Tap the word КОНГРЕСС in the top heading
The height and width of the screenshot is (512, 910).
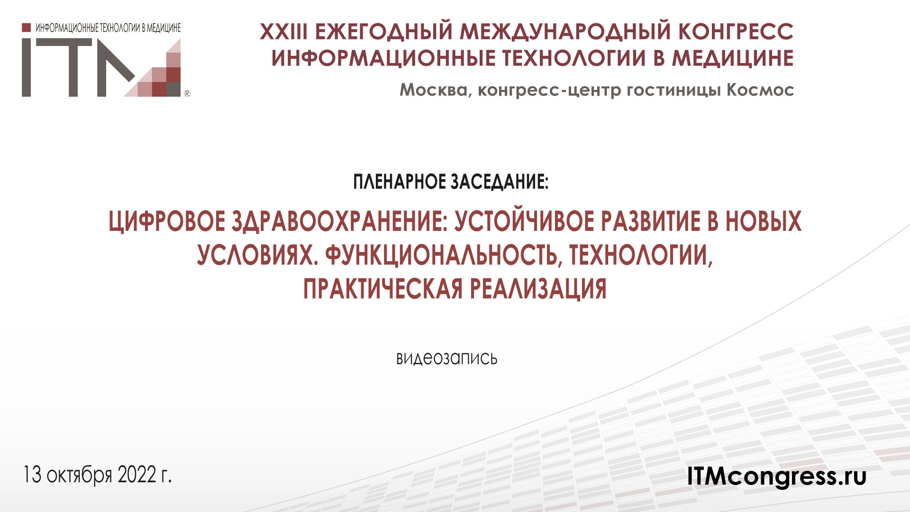coord(736,32)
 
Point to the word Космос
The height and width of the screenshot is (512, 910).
coord(760,90)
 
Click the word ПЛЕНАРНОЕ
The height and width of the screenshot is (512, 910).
coord(399,182)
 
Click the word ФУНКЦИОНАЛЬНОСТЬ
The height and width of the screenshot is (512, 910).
coord(441,255)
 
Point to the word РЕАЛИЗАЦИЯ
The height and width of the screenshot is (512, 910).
coord(538,289)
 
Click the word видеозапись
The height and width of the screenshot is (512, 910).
coord(446,358)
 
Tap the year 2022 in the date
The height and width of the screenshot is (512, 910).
coord(137,475)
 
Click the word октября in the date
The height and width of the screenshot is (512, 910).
coord(79,475)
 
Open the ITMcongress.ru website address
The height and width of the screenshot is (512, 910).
coord(777,476)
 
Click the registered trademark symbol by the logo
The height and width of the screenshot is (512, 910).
coord(187,94)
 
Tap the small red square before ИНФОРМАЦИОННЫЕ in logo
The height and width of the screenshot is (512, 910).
coord(27,27)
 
